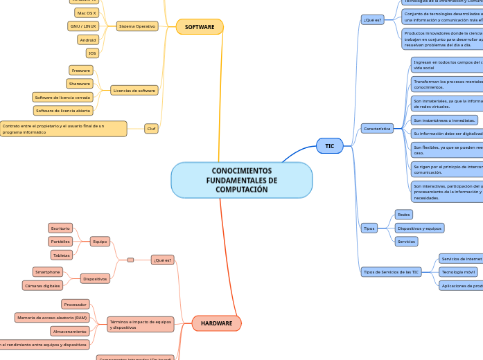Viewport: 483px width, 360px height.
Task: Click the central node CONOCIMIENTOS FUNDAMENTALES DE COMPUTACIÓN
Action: [241, 180]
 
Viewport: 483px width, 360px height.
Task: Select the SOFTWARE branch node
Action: [200, 27]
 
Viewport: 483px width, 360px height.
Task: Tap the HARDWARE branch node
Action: [216, 323]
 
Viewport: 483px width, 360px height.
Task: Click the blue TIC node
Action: [329, 146]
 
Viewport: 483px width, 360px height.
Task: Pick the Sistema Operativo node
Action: [137, 26]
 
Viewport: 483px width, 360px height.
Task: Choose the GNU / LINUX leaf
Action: [83, 26]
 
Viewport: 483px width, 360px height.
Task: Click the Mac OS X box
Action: [87, 12]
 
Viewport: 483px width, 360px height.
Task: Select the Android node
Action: [88, 40]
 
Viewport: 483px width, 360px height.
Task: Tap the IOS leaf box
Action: [92, 53]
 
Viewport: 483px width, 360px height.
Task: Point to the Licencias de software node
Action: [134, 91]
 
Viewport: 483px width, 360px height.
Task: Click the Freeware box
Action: [81, 71]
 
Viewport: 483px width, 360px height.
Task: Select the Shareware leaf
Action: [80, 84]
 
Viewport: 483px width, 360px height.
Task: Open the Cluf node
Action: [151, 129]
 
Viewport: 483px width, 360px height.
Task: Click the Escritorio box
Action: [60, 228]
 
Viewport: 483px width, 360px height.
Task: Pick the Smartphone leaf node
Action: [48, 272]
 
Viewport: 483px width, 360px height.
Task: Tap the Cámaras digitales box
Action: [42, 285]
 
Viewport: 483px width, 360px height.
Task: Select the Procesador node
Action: [75, 305]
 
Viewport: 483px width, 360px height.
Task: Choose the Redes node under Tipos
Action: [403, 215]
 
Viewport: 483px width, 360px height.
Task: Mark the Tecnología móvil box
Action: [458, 272]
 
